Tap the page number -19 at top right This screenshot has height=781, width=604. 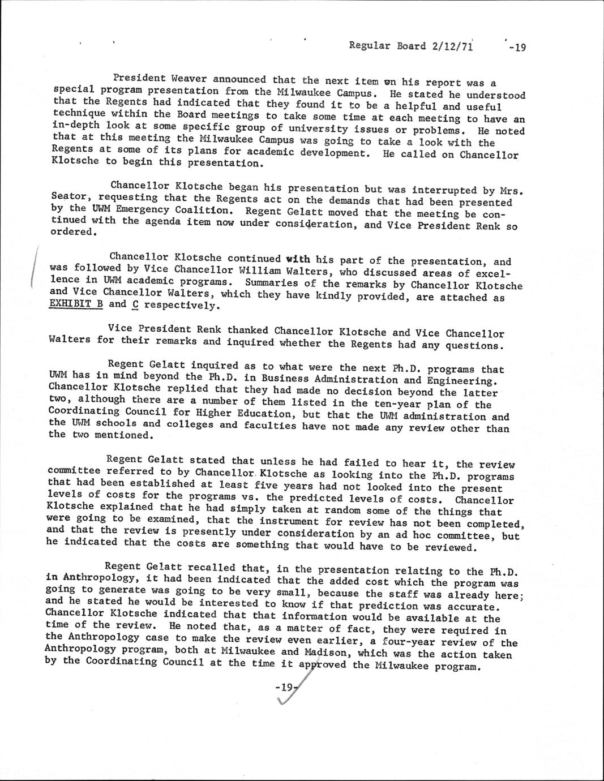pos(517,48)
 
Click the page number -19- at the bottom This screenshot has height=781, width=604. pos(285,688)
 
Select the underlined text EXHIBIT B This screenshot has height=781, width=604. pos(76,304)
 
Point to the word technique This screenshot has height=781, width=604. pos(78,113)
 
